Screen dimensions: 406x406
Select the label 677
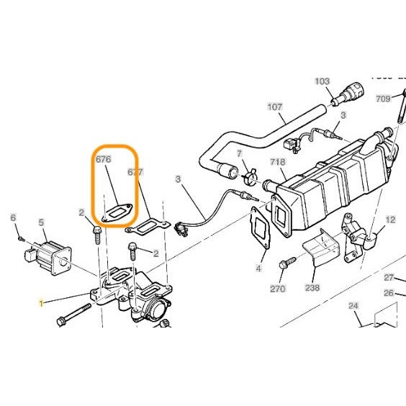click(135, 172)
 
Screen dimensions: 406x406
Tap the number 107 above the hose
click(275, 107)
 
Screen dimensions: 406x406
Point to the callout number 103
click(322, 81)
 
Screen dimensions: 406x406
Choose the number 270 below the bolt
click(278, 289)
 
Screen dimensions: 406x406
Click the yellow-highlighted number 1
click(41, 304)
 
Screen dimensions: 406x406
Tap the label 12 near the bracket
click(390, 219)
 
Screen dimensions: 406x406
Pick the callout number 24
click(353, 305)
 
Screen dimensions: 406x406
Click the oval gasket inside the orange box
click(117, 212)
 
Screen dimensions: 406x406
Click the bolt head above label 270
click(288, 263)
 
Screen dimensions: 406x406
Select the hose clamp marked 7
click(249, 173)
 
